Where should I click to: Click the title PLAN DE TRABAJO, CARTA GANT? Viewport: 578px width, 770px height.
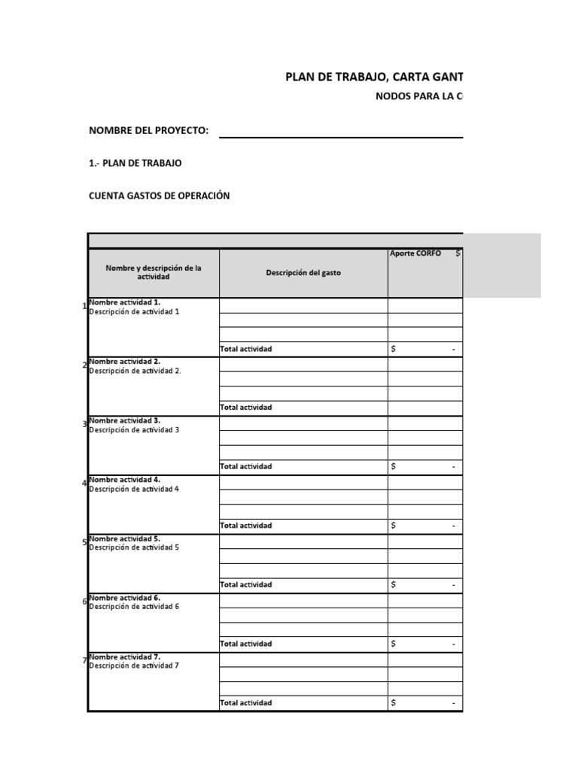point(374,77)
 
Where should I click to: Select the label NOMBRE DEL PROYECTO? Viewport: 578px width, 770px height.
point(148,130)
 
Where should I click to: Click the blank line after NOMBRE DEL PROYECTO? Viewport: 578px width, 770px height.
point(340,132)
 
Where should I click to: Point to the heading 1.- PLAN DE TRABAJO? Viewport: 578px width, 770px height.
point(135,162)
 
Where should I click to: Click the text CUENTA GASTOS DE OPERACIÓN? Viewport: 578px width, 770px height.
point(159,196)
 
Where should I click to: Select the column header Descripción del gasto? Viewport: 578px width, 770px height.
point(303,273)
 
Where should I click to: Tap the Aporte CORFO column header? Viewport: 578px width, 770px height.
point(415,253)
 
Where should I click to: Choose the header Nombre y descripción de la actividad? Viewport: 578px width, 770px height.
point(154,272)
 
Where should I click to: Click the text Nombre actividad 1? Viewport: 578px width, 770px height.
point(124,302)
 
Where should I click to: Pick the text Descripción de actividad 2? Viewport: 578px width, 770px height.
point(135,371)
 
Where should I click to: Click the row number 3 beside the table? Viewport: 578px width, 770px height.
point(84,424)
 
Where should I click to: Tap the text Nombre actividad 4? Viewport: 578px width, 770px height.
point(124,479)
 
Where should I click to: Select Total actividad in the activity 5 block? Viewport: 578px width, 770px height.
point(245,584)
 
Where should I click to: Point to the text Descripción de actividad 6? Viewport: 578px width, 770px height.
point(134,607)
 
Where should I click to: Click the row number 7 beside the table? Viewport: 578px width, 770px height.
point(84,660)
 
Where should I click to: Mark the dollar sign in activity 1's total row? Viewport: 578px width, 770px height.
point(394,349)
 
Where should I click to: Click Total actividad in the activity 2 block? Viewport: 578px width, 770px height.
point(245,408)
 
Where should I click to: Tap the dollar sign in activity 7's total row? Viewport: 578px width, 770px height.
point(394,703)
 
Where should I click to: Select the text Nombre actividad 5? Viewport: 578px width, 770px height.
point(124,538)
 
